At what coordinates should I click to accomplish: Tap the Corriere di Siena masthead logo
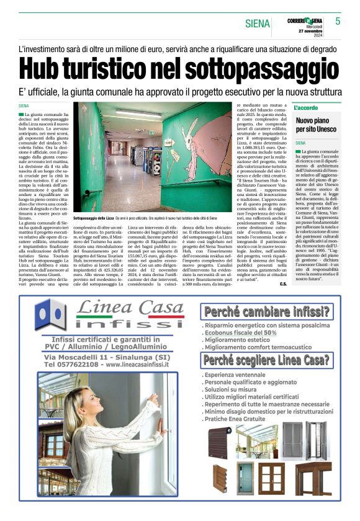click(x=305, y=20)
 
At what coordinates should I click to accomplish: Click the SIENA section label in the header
click(x=258, y=24)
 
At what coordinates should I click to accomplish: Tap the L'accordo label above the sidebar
click(x=306, y=108)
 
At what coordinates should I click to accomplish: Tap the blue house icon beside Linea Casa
click(x=52, y=314)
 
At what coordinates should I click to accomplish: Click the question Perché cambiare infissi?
click(x=266, y=311)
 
